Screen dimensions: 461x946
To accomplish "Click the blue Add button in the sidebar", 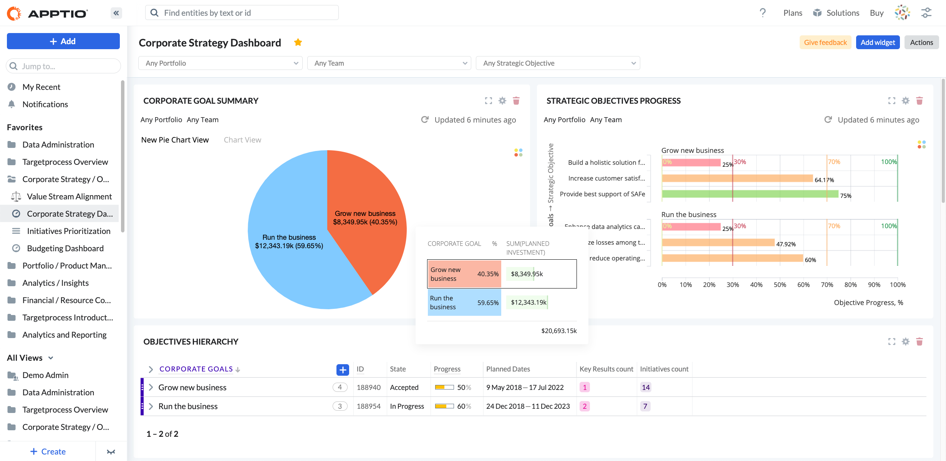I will tap(63, 41).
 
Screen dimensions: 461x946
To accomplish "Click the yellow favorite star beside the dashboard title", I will tap(298, 42).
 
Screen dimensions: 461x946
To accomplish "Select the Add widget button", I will tap(878, 42).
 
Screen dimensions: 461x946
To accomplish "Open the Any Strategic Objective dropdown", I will tap(558, 63).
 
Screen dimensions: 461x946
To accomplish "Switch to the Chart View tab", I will tap(242, 140).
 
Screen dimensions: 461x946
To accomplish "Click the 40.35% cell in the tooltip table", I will tap(488, 274).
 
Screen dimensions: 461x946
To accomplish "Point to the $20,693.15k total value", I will tap(559, 331).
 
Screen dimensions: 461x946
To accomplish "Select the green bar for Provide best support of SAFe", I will tap(749, 194).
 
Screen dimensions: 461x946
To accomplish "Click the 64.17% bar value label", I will tap(824, 180).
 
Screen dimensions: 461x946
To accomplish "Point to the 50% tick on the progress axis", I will tap(780, 285).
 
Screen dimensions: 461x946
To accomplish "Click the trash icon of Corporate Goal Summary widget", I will tap(516, 101).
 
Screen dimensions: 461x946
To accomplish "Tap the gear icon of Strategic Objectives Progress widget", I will tap(906, 101).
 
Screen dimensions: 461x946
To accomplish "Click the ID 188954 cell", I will tap(369, 406).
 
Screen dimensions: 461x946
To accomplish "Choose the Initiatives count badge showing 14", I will tap(646, 387).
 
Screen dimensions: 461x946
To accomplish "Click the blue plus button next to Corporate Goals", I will tap(343, 370).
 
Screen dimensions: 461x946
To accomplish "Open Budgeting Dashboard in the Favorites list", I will tap(65, 248).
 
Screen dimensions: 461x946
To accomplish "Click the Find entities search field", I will tap(242, 13).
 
